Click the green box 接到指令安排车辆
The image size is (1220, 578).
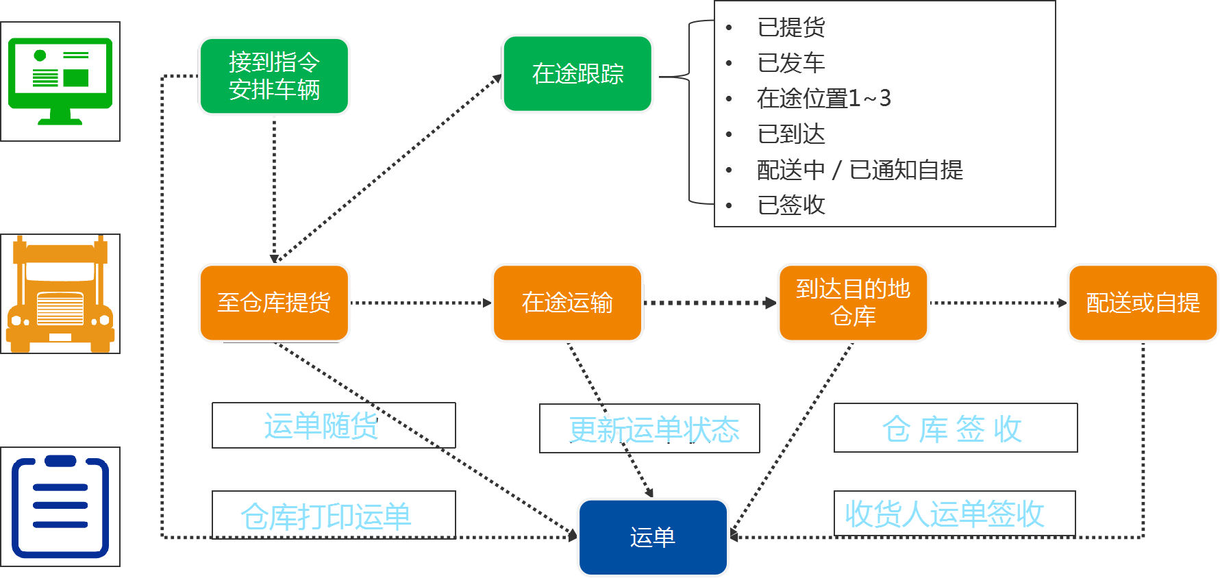pyautogui.click(x=274, y=76)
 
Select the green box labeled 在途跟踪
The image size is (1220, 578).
pyautogui.click(x=577, y=74)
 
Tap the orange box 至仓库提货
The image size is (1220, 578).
pyautogui.click(x=274, y=303)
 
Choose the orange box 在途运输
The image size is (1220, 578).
pyautogui.click(x=567, y=303)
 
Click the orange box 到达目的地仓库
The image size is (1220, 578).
pyautogui.click(x=853, y=303)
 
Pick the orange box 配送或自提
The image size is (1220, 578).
pyautogui.click(x=1143, y=303)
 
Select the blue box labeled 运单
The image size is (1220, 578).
pyautogui.click(x=653, y=538)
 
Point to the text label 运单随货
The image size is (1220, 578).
pyautogui.click(x=320, y=427)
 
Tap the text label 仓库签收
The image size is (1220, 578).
pyautogui.click(x=952, y=429)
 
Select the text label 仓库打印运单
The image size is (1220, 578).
pyautogui.click(x=326, y=516)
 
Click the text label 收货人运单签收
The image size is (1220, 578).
pyautogui.click(x=944, y=514)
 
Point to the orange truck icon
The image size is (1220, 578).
pyautogui.click(x=60, y=294)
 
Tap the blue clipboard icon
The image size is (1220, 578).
pyautogui.click(x=60, y=507)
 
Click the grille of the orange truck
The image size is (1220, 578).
pyautogui.click(x=60, y=309)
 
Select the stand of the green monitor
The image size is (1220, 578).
pyautogui.click(x=60, y=118)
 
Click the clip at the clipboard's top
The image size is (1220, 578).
pyautogui.click(x=60, y=461)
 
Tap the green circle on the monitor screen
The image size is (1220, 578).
pyautogui.click(x=40, y=55)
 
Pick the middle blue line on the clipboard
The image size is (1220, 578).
pyautogui.click(x=60, y=505)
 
